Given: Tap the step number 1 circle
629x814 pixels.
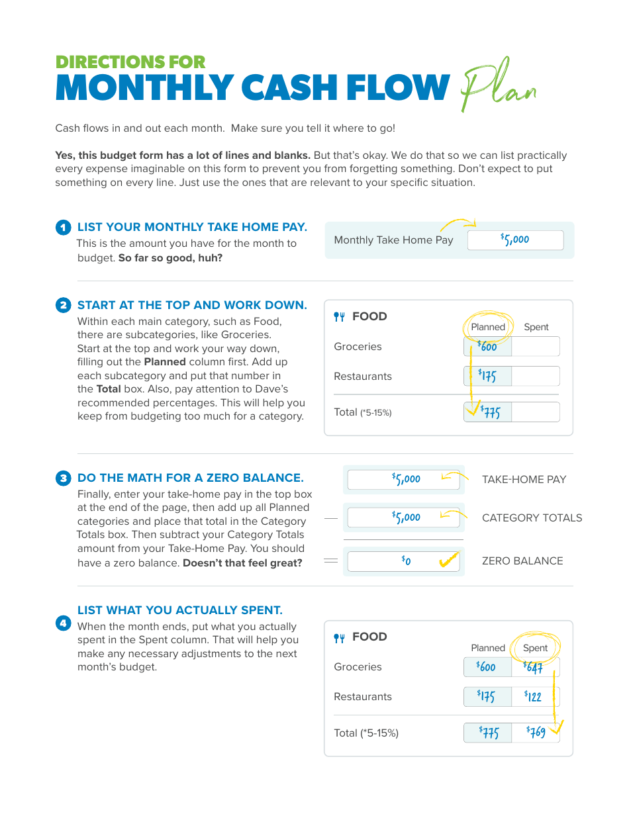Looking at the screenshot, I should click(x=63, y=228).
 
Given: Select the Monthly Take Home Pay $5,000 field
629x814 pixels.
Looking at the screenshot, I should click(x=515, y=240).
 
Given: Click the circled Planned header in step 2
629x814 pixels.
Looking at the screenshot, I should click(x=488, y=327).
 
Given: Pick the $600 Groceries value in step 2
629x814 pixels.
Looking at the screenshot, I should click(x=487, y=346).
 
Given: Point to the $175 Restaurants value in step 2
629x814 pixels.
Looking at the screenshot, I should click(x=487, y=377).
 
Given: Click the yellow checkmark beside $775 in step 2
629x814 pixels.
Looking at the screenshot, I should click(x=471, y=412).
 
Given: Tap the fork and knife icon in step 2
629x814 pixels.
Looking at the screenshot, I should click(x=340, y=317).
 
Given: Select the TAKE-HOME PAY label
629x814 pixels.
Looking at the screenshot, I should click(x=524, y=480).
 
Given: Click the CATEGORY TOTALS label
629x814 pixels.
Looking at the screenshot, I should click(x=532, y=518).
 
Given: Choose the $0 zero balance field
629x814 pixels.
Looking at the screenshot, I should click(x=403, y=561).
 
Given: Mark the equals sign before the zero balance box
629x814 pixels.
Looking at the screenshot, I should click(x=331, y=561).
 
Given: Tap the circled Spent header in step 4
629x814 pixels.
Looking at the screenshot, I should click(x=535, y=648).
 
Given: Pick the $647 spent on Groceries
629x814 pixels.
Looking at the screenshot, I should click(x=534, y=667).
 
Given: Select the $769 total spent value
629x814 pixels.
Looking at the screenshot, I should click(x=536, y=732).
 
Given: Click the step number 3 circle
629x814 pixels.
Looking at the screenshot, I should click(x=63, y=478).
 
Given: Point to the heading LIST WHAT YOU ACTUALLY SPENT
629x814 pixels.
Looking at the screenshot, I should click(x=179, y=610).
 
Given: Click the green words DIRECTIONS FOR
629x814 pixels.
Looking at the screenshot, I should click(x=130, y=62).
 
